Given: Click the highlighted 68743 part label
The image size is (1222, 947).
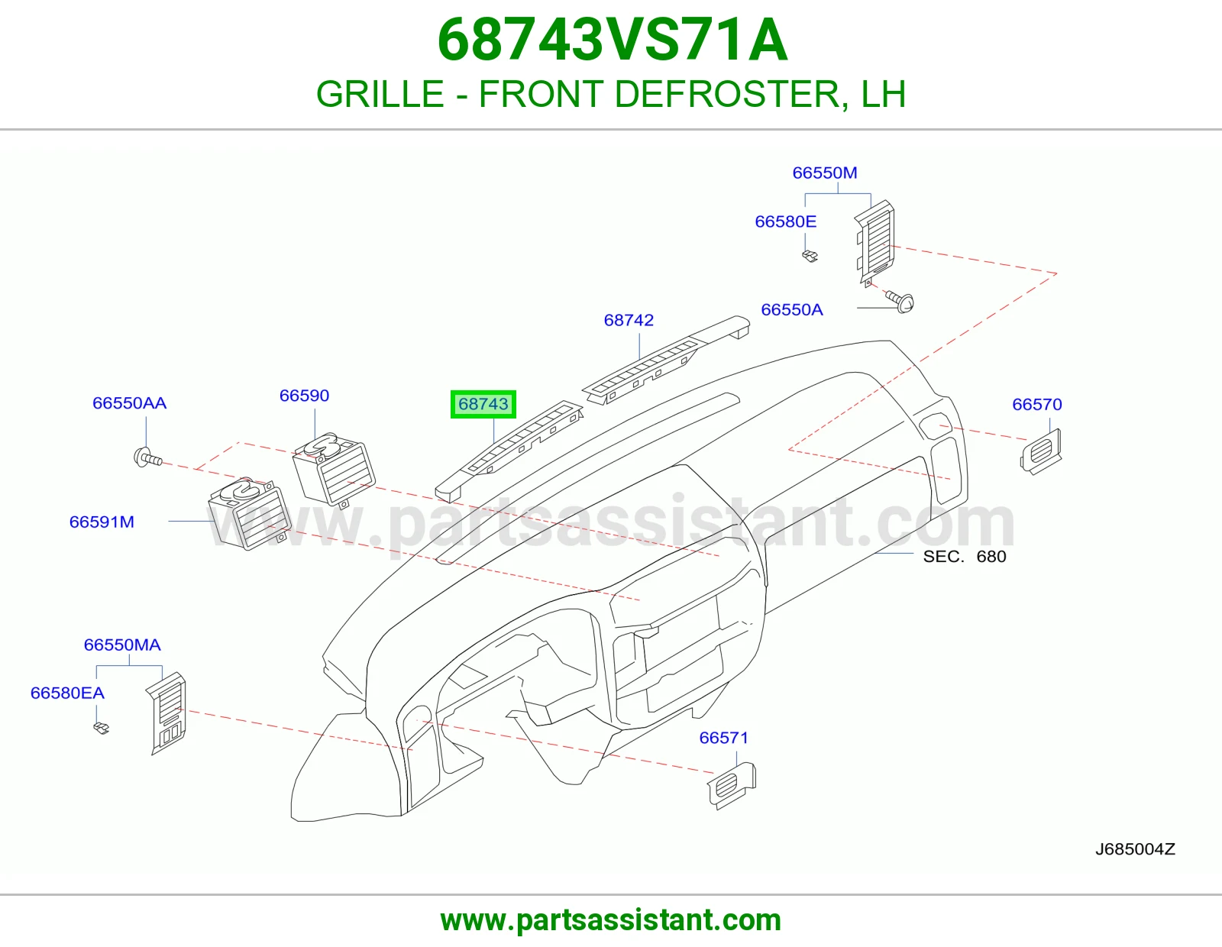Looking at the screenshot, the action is pyautogui.click(x=483, y=404).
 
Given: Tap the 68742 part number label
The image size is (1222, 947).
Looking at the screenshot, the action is pyautogui.click(x=628, y=320).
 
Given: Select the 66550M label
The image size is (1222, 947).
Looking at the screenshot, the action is pyautogui.click(x=824, y=173).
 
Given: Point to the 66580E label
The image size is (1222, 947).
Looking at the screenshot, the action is pyautogui.click(x=785, y=221).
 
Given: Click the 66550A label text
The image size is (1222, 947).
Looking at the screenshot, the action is pyautogui.click(x=791, y=309).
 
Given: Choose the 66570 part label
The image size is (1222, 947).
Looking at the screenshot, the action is pyautogui.click(x=1036, y=404).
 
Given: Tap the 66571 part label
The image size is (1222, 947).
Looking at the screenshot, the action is pyautogui.click(x=723, y=737).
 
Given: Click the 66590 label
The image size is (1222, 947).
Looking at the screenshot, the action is pyautogui.click(x=304, y=396).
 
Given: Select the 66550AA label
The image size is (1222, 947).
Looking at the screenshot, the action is pyautogui.click(x=129, y=402).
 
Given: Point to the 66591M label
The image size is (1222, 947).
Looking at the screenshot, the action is pyautogui.click(x=102, y=522).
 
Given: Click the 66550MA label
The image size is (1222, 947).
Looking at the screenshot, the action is pyautogui.click(x=122, y=645).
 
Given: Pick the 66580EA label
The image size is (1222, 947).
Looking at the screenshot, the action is pyautogui.click(x=67, y=693).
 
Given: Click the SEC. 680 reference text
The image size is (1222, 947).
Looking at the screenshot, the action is pyautogui.click(x=964, y=556).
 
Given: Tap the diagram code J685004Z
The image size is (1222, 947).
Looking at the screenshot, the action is pyautogui.click(x=1135, y=848).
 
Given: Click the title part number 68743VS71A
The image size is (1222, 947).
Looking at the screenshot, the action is pyautogui.click(x=612, y=40).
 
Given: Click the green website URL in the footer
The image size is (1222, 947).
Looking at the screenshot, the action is pyautogui.click(x=611, y=920).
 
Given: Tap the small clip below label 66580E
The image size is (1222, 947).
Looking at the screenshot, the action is pyautogui.click(x=810, y=256).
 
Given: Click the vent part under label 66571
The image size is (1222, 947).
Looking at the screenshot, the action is pyautogui.click(x=731, y=785).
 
